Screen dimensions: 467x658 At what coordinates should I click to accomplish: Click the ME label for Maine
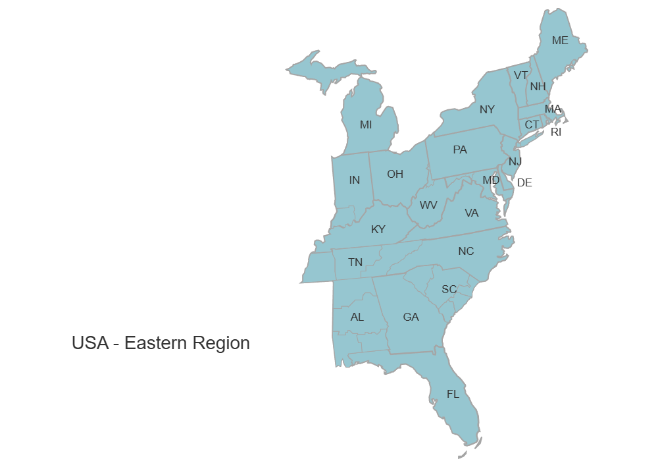pyautogui.click(x=560, y=40)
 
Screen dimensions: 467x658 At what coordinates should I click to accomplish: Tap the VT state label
pyautogui.click(x=520, y=75)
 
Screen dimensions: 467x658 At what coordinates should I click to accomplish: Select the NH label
pyautogui.click(x=538, y=86)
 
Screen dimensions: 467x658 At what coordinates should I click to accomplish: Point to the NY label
pyautogui.click(x=487, y=109)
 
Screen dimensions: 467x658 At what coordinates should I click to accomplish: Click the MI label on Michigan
pyautogui.click(x=366, y=124)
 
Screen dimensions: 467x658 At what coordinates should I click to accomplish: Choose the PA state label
pyautogui.click(x=460, y=150)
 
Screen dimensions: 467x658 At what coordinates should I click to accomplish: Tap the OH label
pyautogui.click(x=395, y=174)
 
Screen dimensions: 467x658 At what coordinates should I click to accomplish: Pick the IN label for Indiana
pyautogui.click(x=355, y=180)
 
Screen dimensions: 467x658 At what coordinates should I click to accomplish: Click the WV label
pyautogui.click(x=428, y=205)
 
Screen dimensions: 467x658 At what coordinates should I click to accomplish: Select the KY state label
pyautogui.click(x=378, y=229)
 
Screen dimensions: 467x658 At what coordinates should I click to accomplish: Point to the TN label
pyautogui.click(x=355, y=262)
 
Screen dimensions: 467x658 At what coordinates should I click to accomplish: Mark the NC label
pyautogui.click(x=466, y=251)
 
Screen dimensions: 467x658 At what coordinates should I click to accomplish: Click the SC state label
pyautogui.click(x=449, y=289)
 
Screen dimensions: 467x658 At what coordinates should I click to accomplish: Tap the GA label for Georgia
pyautogui.click(x=411, y=317)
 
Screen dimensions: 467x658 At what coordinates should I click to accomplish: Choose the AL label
pyautogui.click(x=357, y=317)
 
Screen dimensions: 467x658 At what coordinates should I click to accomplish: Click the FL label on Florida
pyautogui.click(x=453, y=394)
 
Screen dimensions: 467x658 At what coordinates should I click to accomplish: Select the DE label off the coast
pyautogui.click(x=524, y=182)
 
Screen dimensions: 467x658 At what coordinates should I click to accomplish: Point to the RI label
pyautogui.click(x=557, y=132)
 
